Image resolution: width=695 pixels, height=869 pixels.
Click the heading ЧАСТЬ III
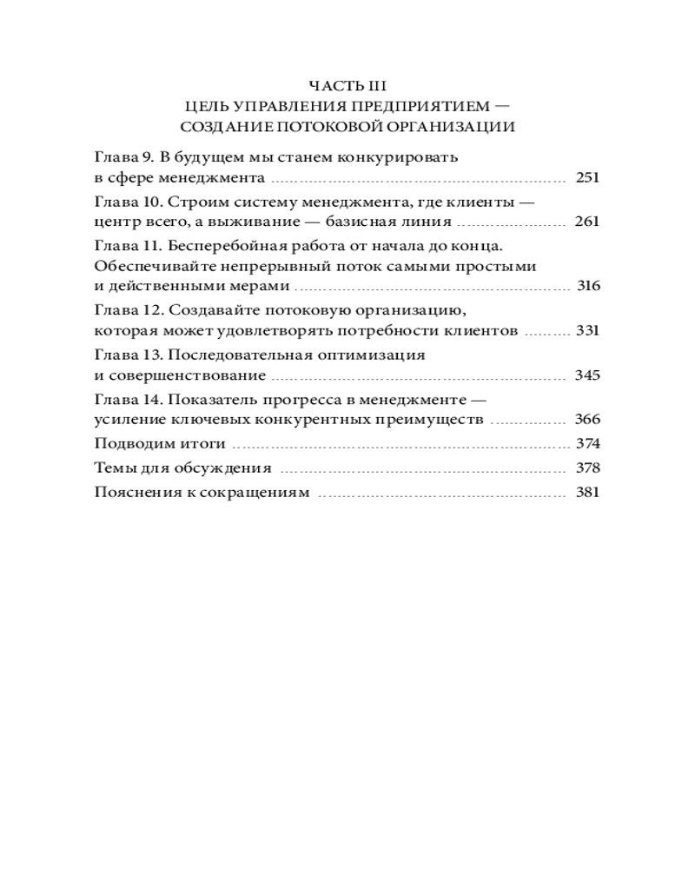[347, 85]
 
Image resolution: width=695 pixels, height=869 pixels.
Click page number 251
[588, 177]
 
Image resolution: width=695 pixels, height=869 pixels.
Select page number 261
[588, 222]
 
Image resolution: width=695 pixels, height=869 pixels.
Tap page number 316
[588, 286]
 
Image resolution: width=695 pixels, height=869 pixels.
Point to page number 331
[588, 330]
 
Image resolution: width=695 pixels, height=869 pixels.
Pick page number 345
[588, 375]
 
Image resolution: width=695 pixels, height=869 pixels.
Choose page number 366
[588, 420]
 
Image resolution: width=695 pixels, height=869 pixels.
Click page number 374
[588, 443]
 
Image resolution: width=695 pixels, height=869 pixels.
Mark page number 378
[588, 468]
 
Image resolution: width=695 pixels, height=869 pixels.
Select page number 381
[588, 492]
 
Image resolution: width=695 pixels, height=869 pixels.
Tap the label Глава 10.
[126, 202]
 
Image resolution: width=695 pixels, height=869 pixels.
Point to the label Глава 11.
[126, 246]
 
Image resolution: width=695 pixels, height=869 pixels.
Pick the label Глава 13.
[126, 355]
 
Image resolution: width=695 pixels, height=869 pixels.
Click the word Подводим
[129, 444]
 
